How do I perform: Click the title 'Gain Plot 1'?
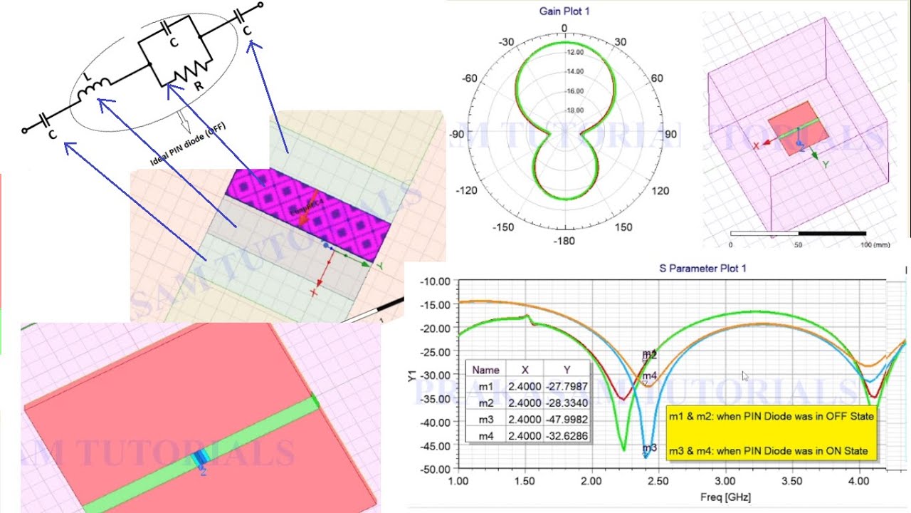tap(564, 11)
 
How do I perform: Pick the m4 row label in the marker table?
tap(486, 435)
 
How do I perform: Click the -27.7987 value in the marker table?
tap(566, 386)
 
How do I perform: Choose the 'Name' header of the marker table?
tap(486, 370)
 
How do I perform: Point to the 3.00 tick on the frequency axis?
tap(726, 482)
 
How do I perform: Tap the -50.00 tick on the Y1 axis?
tap(436, 470)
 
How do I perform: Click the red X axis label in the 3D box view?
tap(756, 145)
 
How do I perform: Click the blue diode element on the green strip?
tap(201, 459)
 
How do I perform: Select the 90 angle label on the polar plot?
tap(670, 135)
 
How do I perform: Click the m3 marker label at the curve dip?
tap(649, 448)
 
